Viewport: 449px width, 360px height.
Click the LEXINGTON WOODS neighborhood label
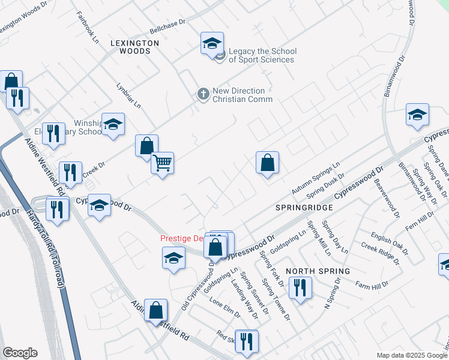[135, 47]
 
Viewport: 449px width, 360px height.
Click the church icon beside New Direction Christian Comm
[203, 94]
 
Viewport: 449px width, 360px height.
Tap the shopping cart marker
[163, 163]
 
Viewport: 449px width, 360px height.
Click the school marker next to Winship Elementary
[113, 125]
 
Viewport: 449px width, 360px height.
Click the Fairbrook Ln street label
[88, 34]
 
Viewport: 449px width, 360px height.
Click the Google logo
[20, 353]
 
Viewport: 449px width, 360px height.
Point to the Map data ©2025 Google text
[411, 355]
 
